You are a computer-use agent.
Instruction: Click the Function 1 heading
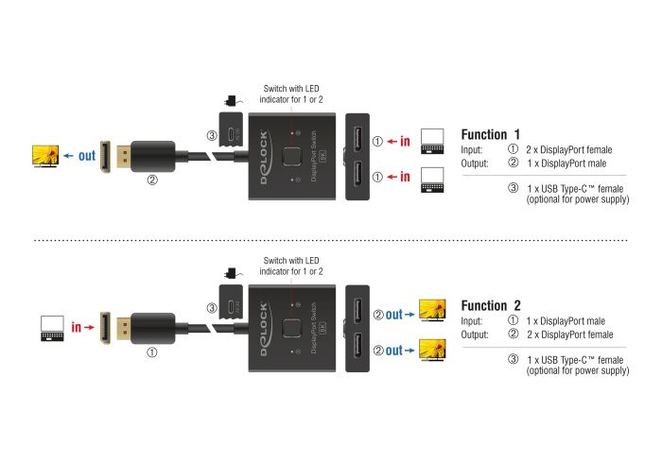pos(490,134)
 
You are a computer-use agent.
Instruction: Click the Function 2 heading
pos(491,305)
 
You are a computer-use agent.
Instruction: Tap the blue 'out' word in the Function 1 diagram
pos(87,156)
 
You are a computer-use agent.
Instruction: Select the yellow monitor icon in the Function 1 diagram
pos(45,156)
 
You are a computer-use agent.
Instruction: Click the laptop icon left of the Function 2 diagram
pos(52,328)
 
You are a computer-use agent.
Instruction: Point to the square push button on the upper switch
pos(291,156)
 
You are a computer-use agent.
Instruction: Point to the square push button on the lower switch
pos(291,328)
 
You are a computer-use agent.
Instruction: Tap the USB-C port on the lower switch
pos(231,306)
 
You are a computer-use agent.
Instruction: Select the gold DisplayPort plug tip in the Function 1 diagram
pos(122,156)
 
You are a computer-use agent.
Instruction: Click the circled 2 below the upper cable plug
pos(152,180)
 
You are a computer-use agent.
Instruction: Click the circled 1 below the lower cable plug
pos(152,352)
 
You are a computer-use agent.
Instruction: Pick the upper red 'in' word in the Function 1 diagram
pos(405,141)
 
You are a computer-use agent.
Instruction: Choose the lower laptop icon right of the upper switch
pos(433,180)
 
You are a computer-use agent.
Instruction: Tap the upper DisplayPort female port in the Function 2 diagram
pos(357,310)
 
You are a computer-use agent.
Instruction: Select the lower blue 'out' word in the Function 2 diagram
pos(394,350)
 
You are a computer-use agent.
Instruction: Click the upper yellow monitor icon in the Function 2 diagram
pos(432,310)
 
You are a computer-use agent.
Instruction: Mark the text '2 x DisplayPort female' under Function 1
pos(569,149)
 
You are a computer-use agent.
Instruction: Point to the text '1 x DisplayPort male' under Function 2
pos(566,321)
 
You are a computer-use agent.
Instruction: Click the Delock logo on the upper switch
pos(264,157)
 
